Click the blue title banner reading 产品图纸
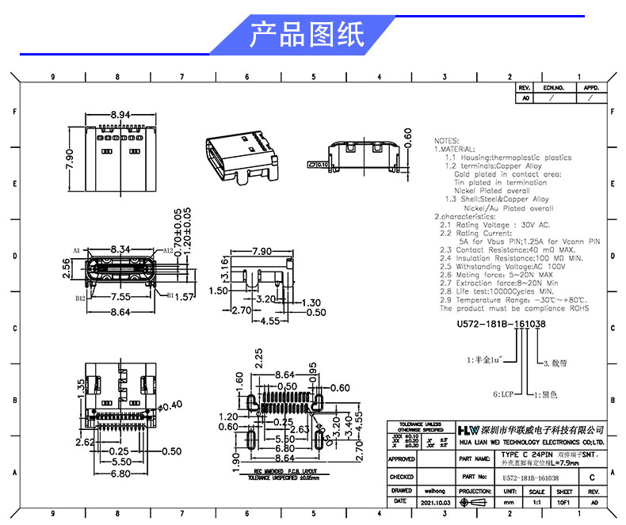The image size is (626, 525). click(x=307, y=35)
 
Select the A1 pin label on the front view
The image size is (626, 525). click(x=77, y=250)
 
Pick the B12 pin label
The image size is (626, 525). click(x=80, y=299)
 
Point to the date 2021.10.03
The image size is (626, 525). click(x=436, y=502)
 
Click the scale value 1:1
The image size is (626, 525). click(x=536, y=502)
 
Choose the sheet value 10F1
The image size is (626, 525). click(x=563, y=502)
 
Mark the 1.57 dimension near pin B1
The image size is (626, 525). click(x=184, y=297)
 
